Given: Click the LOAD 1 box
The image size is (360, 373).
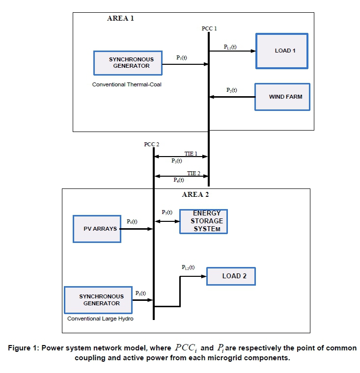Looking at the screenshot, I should [x=282, y=51].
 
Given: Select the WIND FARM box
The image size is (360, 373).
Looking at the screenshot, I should [x=282, y=97].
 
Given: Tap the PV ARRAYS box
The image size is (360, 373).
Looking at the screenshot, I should [x=97, y=229].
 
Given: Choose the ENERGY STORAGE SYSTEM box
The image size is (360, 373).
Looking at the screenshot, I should [x=203, y=221].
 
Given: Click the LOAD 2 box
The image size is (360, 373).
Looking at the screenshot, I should [x=231, y=276].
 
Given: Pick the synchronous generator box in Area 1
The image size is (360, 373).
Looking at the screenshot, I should [x=128, y=62].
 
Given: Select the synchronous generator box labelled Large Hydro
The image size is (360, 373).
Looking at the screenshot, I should [x=98, y=300].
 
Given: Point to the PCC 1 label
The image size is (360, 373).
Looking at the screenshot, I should [x=209, y=29].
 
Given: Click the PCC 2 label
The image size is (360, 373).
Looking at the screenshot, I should [x=152, y=144].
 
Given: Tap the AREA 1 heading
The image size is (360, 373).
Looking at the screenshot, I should [x=120, y=18].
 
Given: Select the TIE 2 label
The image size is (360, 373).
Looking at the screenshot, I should [x=194, y=173].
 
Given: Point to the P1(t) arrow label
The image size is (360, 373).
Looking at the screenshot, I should [x=182, y=57].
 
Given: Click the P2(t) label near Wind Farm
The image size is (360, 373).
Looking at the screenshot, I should [x=231, y=90].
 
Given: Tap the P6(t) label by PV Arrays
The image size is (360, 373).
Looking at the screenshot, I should [x=132, y=222].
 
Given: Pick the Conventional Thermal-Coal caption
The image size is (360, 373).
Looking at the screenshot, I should [x=127, y=84].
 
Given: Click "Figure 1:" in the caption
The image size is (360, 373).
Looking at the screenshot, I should [x=24, y=348].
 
